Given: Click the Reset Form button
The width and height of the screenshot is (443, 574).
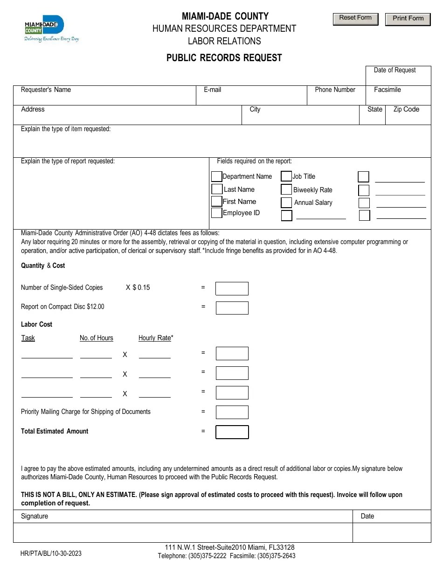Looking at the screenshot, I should (x=355, y=19).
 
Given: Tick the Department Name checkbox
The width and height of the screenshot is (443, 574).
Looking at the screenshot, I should (x=216, y=176).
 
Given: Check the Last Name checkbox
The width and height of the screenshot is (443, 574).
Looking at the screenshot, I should (x=216, y=189).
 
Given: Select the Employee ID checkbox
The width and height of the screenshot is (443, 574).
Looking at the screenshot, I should (x=216, y=213).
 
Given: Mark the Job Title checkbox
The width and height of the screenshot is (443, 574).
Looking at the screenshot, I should (x=286, y=176).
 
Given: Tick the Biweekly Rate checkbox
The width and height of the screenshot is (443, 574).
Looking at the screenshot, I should (x=286, y=189).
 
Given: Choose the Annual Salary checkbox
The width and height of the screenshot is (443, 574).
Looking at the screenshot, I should (x=286, y=203).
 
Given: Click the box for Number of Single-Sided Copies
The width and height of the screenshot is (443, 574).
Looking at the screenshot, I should (x=232, y=288).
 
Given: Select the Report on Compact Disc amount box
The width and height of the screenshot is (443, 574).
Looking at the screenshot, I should (x=232, y=308).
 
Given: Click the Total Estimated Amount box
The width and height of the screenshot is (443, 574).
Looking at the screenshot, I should (x=232, y=432).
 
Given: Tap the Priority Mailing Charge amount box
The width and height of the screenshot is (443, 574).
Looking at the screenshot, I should (x=232, y=412).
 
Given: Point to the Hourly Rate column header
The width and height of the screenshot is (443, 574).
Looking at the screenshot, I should (x=155, y=338).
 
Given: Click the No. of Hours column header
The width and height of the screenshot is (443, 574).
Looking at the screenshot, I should (x=96, y=338).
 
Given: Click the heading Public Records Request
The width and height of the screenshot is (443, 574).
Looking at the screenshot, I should (x=224, y=58).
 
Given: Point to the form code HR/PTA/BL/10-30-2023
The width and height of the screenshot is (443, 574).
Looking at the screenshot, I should (x=51, y=553).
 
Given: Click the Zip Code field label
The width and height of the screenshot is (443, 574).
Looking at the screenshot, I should (x=406, y=109).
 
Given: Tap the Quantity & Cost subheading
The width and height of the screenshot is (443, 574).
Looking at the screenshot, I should (x=43, y=266).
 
